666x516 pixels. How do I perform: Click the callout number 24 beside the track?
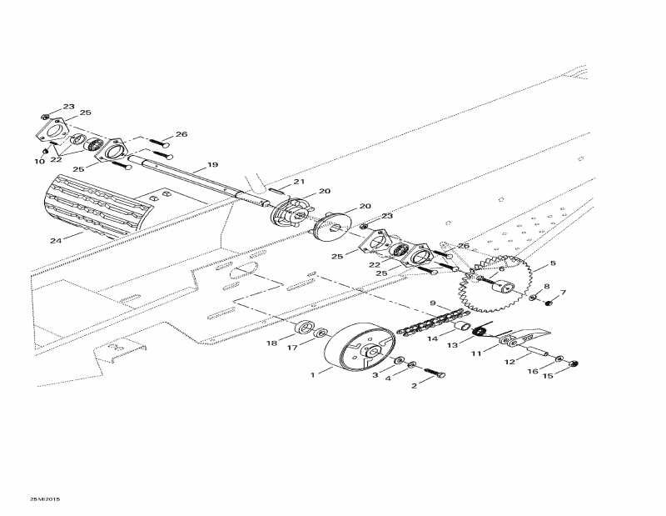tap(55, 241)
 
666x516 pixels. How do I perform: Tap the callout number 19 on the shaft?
tap(212, 164)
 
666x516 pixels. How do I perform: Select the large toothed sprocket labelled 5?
tap(495, 284)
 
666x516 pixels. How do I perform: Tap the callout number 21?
tap(298, 182)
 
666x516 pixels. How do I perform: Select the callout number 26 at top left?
tap(181, 134)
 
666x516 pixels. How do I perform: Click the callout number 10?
tap(39, 162)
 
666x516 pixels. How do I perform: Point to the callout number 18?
tap(271, 343)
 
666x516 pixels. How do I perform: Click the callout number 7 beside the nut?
tap(562, 293)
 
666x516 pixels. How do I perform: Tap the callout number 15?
tap(547, 375)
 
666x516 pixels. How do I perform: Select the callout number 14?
tap(433, 339)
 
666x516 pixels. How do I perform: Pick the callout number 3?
tap(375, 376)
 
